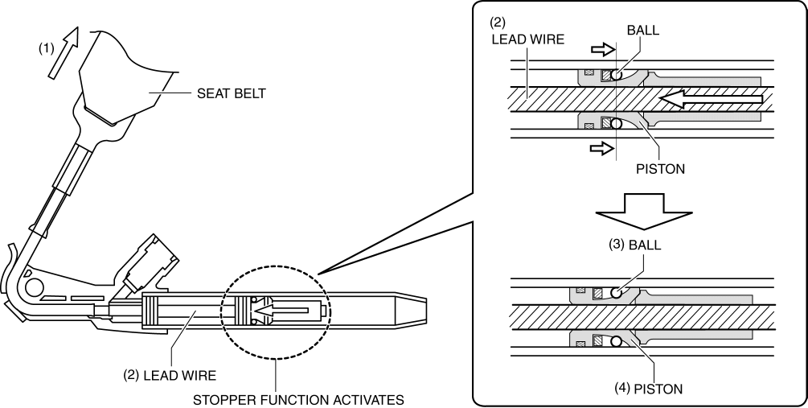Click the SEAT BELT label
[x=231, y=93]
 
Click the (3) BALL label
[x=635, y=245]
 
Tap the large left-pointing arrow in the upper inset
[x=708, y=98]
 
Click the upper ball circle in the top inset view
[x=617, y=75]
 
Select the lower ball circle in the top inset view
[x=617, y=125]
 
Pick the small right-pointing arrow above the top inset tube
[x=601, y=50]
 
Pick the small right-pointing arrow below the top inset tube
[x=601, y=147]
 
